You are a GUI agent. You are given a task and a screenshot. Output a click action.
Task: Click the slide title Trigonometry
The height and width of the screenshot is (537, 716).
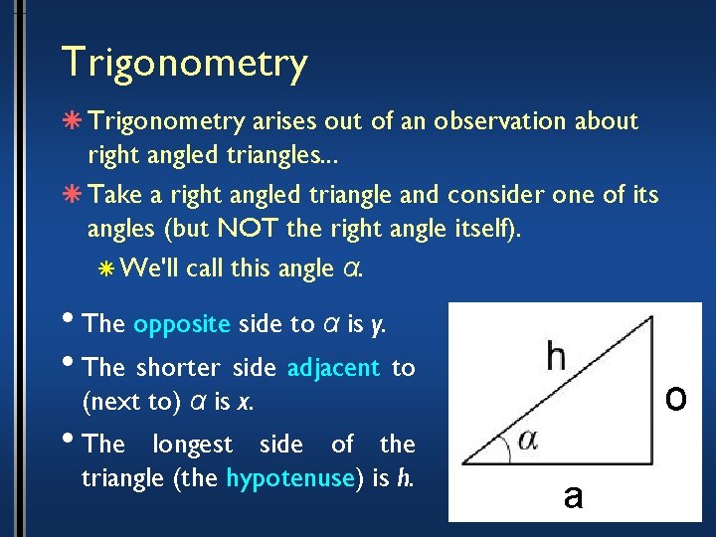(x=184, y=63)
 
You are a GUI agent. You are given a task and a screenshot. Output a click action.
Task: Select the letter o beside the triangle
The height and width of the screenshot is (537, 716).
(x=676, y=398)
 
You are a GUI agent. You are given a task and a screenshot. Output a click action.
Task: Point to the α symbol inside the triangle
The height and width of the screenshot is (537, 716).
(x=527, y=441)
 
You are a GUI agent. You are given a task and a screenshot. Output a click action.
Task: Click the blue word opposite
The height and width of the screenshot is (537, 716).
(x=182, y=324)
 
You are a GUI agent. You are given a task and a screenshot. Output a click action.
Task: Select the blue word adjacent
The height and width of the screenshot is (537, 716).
(x=333, y=368)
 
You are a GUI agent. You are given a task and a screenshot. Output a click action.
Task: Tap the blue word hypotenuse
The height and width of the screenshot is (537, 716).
(x=290, y=477)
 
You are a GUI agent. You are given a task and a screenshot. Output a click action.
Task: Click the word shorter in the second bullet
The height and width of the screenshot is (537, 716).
(x=174, y=368)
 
